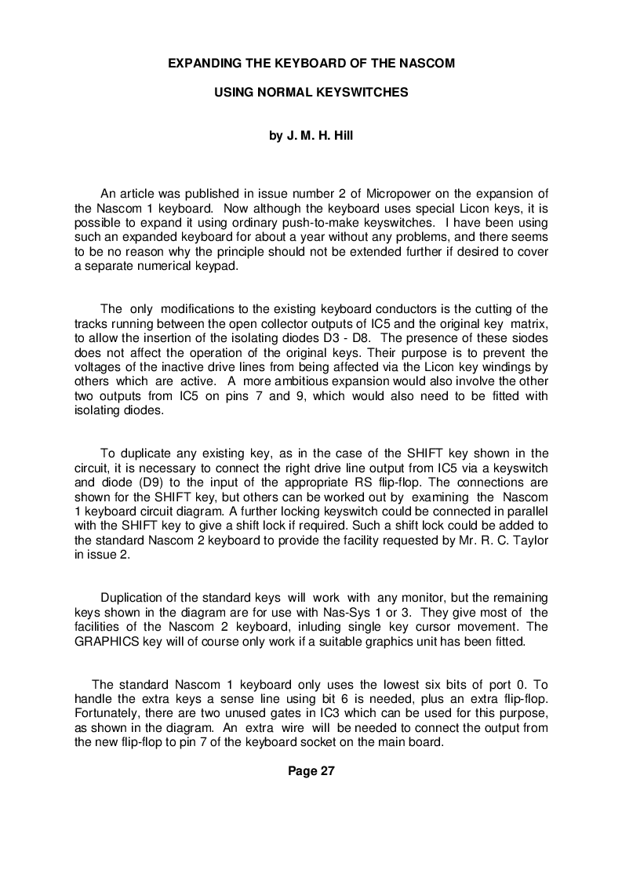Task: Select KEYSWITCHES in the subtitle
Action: [x=369, y=92]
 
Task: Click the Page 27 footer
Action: [x=311, y=771]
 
